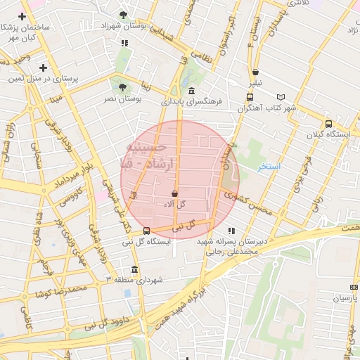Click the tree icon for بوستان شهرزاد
point(124,15)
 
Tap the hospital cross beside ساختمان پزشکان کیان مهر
point(23,15)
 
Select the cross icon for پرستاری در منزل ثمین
point(44,68)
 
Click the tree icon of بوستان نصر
point(122,88)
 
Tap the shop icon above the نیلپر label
point(255,72)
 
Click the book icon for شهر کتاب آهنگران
point(281,97)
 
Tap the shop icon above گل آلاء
point(174,193)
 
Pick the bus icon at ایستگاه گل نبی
point(146,231)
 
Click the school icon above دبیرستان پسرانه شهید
point(231,231)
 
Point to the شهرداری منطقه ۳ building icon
point(134,269)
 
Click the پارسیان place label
point(345,298)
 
